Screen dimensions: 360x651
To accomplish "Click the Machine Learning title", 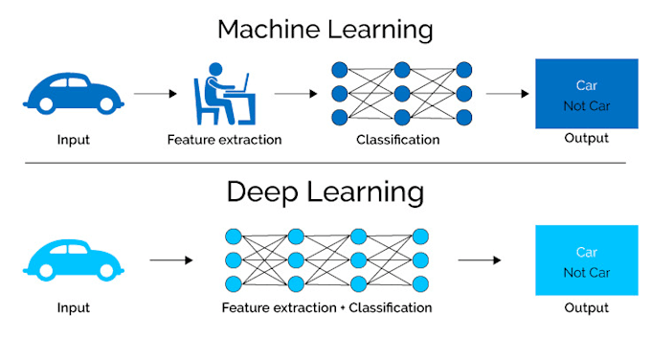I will (325, 29).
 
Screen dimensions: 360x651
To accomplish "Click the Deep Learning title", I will (325, 191).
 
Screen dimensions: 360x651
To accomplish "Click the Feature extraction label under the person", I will (224, 140).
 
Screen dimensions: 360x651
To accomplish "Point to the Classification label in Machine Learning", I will (397, 140).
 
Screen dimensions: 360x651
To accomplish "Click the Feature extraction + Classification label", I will (326, 307).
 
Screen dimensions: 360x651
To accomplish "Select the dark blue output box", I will (586, 94).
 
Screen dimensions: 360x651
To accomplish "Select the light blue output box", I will (586, 260).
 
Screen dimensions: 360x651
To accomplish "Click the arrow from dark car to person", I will (155, 94).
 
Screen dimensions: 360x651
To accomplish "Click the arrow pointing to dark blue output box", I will (507, 94).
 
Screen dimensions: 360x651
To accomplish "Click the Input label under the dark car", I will (73, 140).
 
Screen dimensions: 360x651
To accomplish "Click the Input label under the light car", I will (73, 307).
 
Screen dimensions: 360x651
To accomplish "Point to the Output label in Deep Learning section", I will (586, 307).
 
